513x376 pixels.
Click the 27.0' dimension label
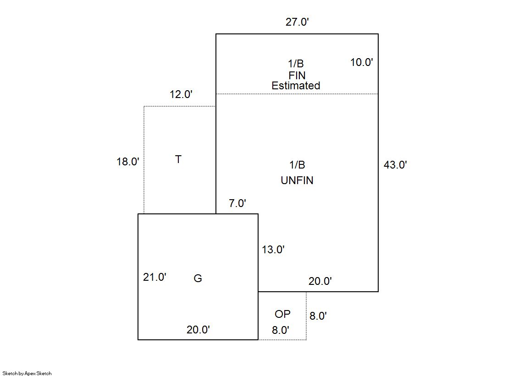297,22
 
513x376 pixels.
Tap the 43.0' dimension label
395,164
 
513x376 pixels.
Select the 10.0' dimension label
362,62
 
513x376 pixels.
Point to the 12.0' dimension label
181,94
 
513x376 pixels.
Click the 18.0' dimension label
128,162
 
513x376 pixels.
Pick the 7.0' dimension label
237,203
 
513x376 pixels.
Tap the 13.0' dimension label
273,250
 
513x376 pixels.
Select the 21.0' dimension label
155,277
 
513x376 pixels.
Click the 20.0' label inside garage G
198,330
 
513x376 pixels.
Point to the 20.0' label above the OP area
320,281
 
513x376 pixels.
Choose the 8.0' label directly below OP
281,330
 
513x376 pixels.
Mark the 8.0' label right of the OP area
318,316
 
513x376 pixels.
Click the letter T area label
178,159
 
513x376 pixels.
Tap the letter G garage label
198,278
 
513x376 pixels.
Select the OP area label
283,314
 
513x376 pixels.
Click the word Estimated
296,86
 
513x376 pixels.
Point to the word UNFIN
297,180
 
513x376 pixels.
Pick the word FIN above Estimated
297,76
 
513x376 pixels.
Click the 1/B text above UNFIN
297,165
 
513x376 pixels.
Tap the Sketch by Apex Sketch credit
27,373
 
